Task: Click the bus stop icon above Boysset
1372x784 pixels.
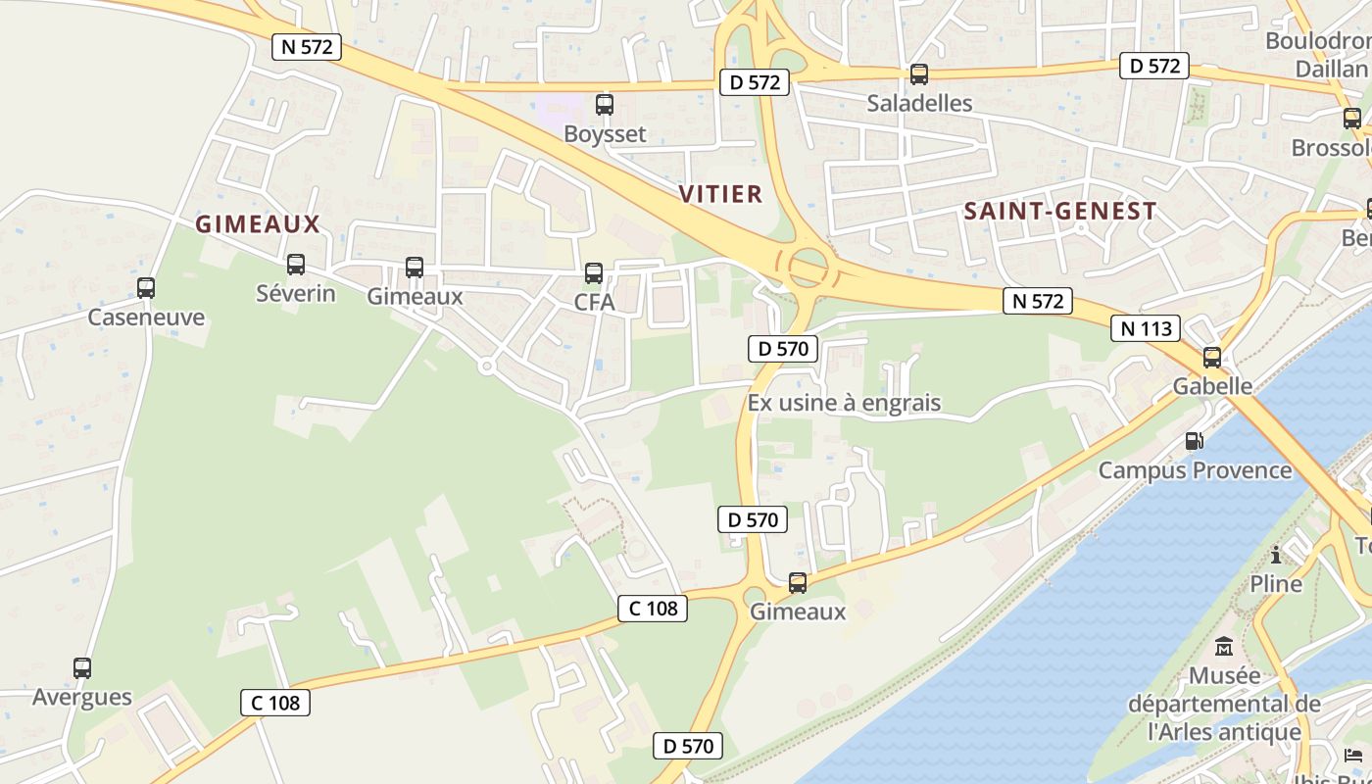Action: [x=605, y=105]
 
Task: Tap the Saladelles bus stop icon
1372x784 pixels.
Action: [x=919, y=74]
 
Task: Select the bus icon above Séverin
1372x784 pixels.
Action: [x=296, y=265]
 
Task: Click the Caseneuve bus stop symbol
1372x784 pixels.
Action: [x=146, y=288]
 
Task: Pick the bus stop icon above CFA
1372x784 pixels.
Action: [x=594, y=273]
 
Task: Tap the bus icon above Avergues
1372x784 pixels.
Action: [x=82, y=668]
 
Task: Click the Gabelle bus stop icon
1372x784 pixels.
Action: [x=1212, y=358]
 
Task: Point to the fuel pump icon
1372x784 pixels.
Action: [x=1194, y=441]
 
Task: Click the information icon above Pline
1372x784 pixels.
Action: [x=1276, y=556]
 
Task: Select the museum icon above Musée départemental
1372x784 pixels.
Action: [x=1224, y=647]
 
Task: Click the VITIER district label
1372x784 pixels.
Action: [x=721, y=194]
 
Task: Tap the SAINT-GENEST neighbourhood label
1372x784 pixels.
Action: [x=1060, y=212]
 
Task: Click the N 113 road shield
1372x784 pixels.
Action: [x=1146, y=328]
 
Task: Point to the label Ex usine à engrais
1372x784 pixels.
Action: [x=844, y=403]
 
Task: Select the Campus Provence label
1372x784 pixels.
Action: [x=1195, y=470]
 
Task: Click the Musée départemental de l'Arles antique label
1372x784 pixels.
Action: [x=1224, y=704]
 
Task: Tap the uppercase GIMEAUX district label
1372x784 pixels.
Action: [x=258, y=224]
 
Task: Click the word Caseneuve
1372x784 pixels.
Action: [x=146, y=318]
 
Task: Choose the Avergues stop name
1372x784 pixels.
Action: [x=82, y=698]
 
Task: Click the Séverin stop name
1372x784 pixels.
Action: [x=296, y=294]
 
